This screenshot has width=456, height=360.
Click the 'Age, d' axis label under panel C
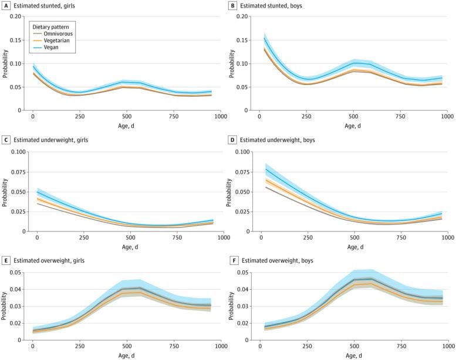coord(127,247)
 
